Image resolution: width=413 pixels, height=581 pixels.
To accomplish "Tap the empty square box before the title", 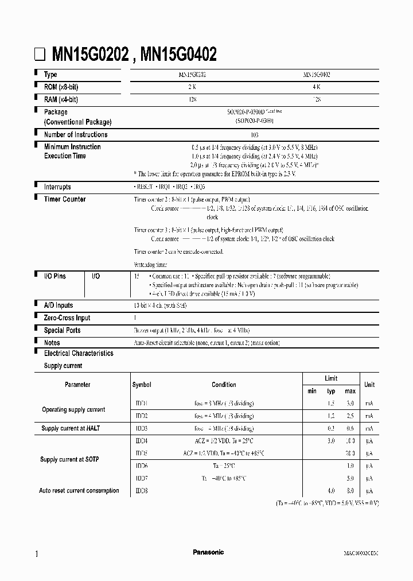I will tap(40, 55).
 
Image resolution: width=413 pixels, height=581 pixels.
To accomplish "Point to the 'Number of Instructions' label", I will tap(76, 135).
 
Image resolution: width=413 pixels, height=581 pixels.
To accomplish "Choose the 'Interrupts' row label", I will tap(57, 187).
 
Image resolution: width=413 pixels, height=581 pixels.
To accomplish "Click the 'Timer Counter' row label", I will tap(65, 199).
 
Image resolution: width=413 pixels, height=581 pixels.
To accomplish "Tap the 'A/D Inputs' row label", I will tap(59, 305).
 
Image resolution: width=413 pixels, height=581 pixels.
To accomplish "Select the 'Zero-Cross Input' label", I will tap(67, 318).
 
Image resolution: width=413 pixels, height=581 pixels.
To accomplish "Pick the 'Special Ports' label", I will tap(62, 330).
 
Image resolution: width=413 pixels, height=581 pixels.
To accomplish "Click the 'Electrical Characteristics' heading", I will tap(79, 354).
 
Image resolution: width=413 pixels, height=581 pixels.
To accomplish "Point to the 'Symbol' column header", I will tap(142, 385).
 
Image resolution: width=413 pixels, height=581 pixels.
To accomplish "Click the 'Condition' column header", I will tap(224, 385).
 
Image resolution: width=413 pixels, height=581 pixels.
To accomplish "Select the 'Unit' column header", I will tap(369, 385).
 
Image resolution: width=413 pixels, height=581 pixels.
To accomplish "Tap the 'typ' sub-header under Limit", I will tap(331, 391).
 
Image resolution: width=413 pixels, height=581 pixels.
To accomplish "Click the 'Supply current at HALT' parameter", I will tap(72, 428).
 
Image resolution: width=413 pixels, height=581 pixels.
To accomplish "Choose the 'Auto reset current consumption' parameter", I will tap(79, 490).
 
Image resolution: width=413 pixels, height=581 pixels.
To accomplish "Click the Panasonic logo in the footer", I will tap(208, 552).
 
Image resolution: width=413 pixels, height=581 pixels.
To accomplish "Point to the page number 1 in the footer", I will tap(37, 554).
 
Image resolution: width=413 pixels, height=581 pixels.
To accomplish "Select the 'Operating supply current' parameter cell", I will tap(73, 409).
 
